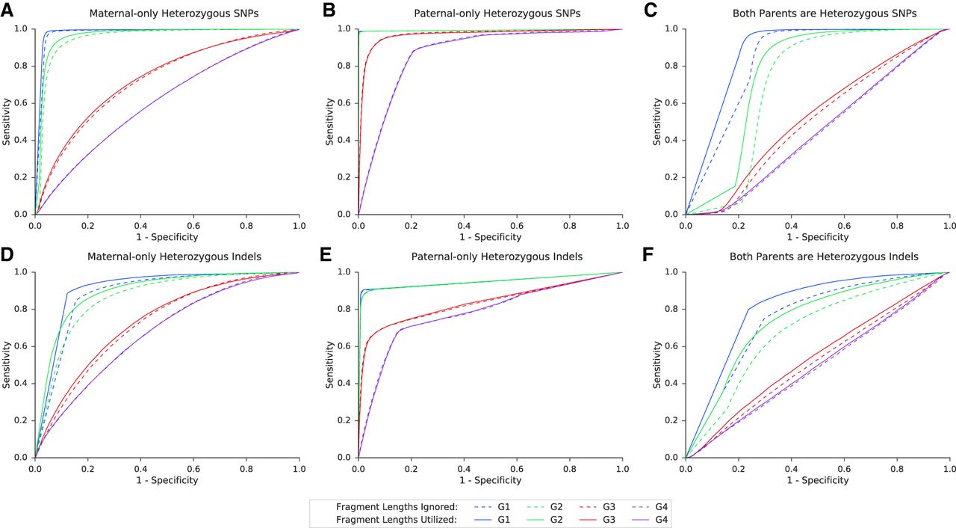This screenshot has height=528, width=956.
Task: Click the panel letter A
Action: [x=7, y=10]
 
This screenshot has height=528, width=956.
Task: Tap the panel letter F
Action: [x=648, y=254]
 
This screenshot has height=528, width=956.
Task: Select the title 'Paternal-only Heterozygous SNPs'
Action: [x=497, y=13]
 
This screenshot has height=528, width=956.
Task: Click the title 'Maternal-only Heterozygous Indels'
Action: [x=174, y=257]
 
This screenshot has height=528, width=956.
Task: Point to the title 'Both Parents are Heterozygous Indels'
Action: [x=824, y=257]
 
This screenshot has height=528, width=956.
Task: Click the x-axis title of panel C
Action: [x=818, y=237]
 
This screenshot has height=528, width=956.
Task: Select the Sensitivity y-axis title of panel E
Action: [x=329, y=364]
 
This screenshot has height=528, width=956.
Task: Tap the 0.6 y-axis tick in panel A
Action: [x=22, y=103]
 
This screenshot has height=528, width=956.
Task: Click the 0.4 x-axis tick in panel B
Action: [x=464, y=225]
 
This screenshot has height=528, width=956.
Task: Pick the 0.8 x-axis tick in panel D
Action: [x=246, y=469]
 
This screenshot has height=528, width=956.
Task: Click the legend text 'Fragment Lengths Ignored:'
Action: [x=397, y=507]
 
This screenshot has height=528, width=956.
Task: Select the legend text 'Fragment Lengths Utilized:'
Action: [x=397, y=520]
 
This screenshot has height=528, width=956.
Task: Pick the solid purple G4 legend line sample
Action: [x=640, y=521]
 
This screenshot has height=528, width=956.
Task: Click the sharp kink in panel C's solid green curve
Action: [x=735, y=185]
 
